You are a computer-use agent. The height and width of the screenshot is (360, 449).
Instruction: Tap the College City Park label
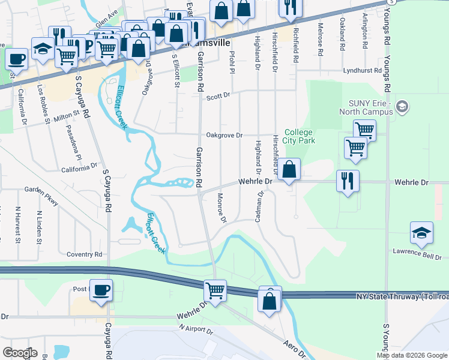coord(300,136)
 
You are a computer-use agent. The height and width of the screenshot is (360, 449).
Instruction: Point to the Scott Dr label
coord(218,96)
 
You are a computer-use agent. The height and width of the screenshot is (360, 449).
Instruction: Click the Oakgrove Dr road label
coord(224,135)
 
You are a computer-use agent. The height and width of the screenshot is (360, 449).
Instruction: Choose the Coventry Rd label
coord(85,254)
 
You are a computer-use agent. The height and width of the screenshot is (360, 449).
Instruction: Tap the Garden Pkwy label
coord(42,196)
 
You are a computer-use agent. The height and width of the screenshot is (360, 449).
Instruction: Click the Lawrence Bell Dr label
coord(417,254)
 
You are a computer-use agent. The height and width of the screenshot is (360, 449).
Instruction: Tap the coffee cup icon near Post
coord(100,290)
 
